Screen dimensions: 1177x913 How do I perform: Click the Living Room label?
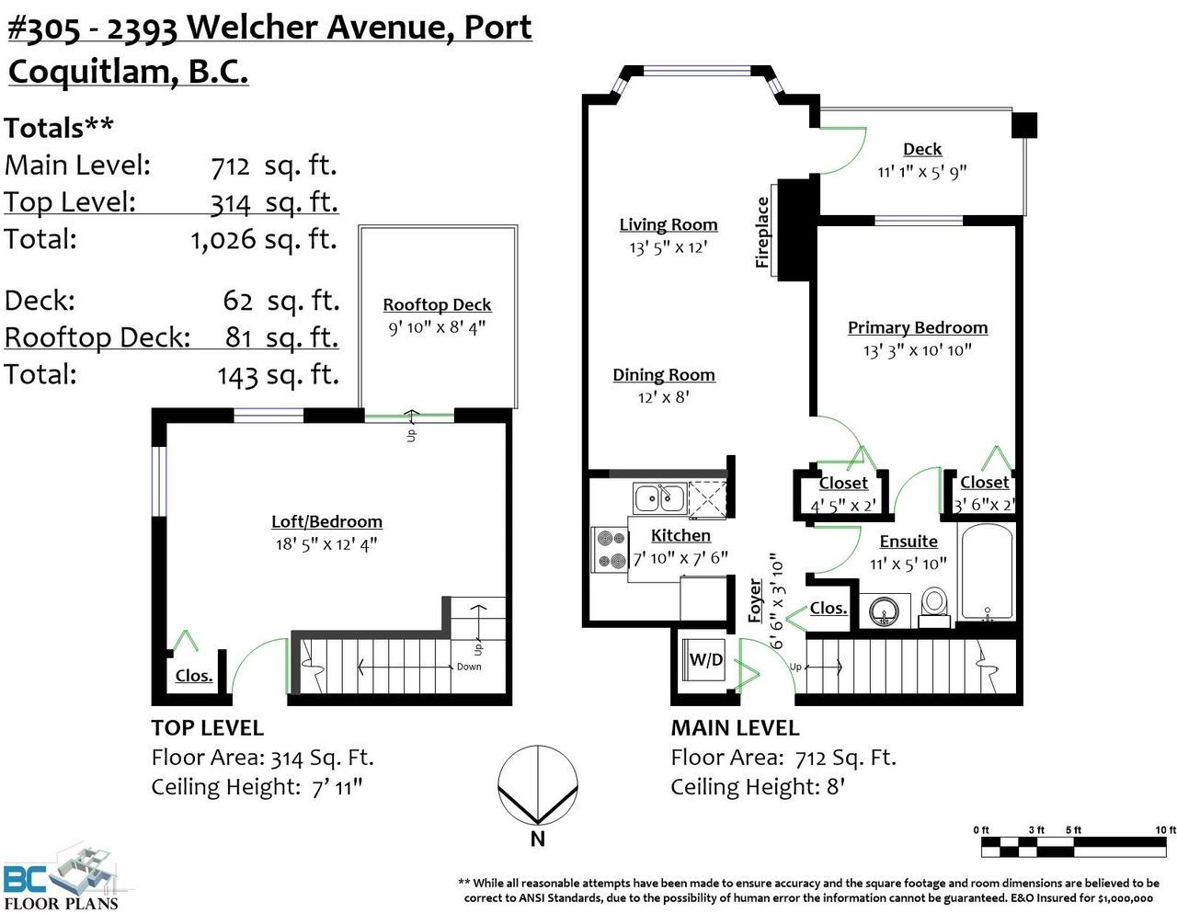tap(668, 224)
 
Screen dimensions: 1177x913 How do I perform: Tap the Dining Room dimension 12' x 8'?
tap(663, 397)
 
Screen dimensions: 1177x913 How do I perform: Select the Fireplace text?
tap(762, 233)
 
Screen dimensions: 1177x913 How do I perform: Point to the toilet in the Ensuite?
tap(934, 607)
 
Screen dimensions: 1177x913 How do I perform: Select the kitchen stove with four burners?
tap(610, 549)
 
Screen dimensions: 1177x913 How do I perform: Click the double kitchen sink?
tap(659, 497)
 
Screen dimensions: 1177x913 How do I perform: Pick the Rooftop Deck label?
tap(437, 305)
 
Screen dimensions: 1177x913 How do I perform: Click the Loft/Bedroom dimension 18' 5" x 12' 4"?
tap(326, 543)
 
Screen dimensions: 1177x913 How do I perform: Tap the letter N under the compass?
tap(537, 839)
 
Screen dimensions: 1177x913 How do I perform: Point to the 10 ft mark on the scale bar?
tap(1165, 829)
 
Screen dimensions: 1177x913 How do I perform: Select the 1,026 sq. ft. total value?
tap(264, 239)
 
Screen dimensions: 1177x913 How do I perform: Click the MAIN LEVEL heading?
tap(735, 728)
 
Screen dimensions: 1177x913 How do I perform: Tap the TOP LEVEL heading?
tap(208, 728)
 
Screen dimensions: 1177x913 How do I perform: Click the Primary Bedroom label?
tap(918, 327)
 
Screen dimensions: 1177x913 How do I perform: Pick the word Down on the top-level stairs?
tap(469, 667)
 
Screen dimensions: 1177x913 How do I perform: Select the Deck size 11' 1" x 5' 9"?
tap(922, 172)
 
